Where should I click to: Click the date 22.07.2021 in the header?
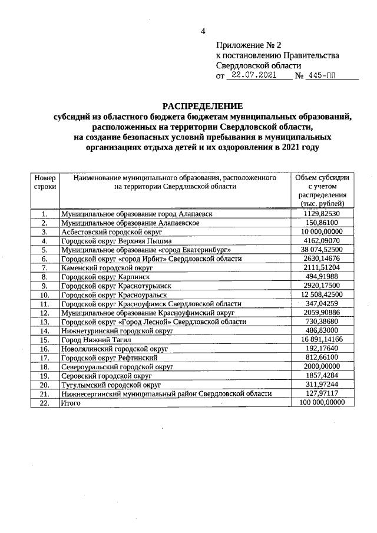[x=254, y=75]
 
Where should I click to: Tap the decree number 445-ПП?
[x=325, y=75]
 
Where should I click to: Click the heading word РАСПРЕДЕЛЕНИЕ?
[x=203, y=107]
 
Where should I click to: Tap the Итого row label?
[x=70, y=402]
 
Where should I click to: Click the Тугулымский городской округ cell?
[x=111, y=384]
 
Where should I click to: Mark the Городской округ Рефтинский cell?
[x=109, y=357]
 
